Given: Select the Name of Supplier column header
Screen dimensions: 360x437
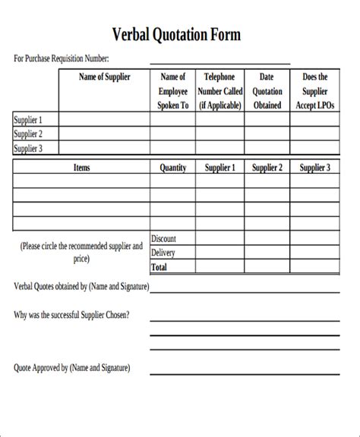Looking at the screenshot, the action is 104,77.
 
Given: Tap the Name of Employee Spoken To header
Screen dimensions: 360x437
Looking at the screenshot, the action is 172,91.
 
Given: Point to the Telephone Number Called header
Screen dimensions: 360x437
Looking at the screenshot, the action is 219,91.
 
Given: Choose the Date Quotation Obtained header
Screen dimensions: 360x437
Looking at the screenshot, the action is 266,91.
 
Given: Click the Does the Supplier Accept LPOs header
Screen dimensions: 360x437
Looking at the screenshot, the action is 314,91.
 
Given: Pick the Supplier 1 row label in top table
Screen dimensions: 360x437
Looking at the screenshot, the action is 29,120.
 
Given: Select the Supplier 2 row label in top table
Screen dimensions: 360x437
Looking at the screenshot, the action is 29,134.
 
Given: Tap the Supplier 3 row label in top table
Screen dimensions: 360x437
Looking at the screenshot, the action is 29,149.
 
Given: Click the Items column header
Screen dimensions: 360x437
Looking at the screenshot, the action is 81,168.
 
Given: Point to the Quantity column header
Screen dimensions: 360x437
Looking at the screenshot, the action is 172,168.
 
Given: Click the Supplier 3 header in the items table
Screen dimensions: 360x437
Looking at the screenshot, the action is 314,168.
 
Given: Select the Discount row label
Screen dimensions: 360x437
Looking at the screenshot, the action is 164,239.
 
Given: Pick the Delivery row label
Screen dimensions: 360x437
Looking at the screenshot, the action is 164,253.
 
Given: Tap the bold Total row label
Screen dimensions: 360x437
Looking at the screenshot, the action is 160,267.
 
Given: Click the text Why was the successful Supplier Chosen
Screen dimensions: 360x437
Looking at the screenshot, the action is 71,314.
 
